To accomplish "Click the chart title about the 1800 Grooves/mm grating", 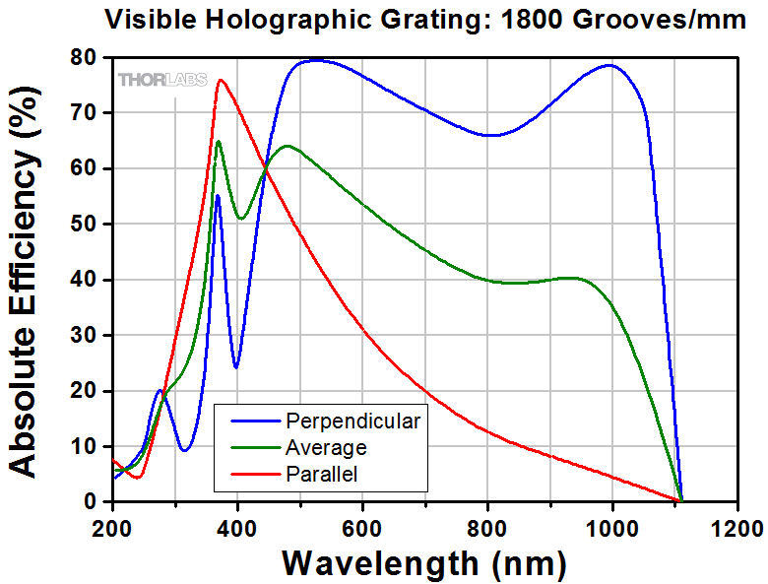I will coord(426,19).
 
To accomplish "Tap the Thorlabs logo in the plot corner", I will coord(162,80).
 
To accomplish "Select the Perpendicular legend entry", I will coord(352,422).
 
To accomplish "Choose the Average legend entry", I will coord(326,448).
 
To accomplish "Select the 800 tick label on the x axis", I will coord(487,526).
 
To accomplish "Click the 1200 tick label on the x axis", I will coord(737,526).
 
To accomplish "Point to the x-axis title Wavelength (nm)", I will coord(424,563).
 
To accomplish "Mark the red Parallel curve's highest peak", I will coord(221,80).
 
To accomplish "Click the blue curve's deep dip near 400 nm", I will coord(236,367).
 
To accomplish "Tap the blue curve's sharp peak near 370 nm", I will coord(218,196).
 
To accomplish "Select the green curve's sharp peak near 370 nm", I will coord(219,142).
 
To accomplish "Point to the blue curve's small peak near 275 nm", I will coord(160,391).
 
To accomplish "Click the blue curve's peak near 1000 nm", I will coord(610,66).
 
